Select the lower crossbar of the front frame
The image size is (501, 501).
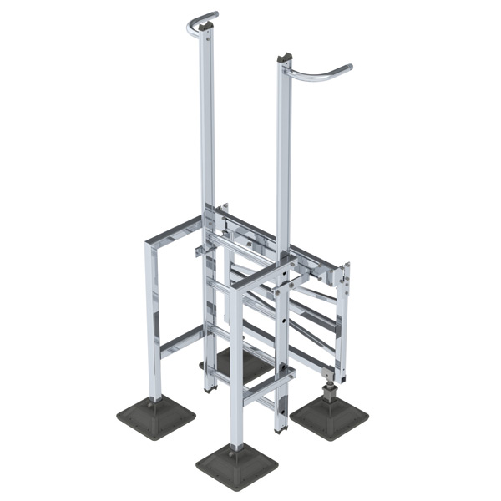(263, 386)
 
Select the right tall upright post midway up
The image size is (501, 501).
(284, 159)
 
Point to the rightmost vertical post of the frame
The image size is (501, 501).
(343, 321)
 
